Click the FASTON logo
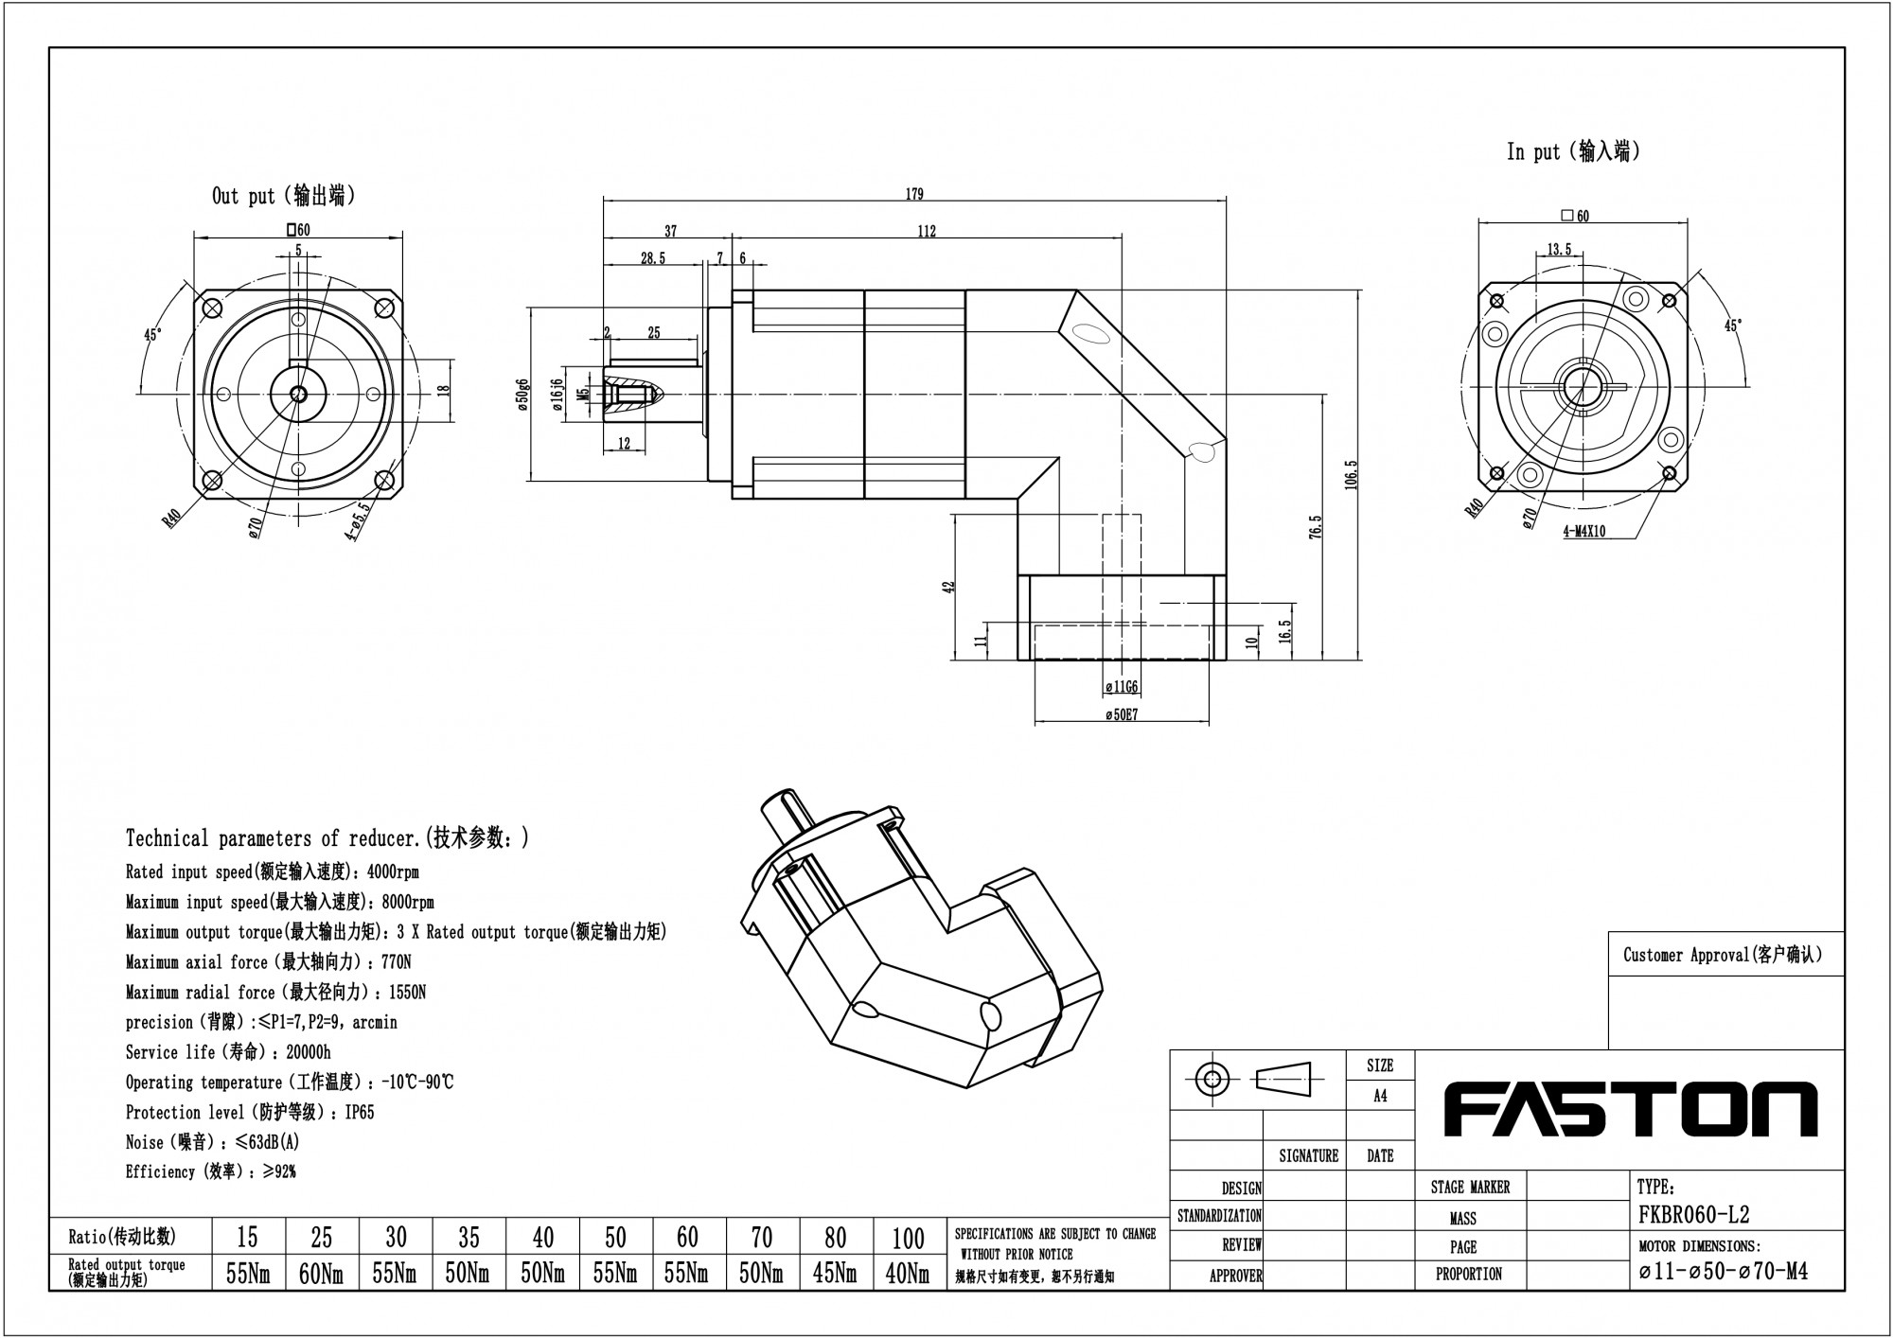[1630, 1111]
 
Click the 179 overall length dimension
[913, 194]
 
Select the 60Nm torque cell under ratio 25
[321, 1274]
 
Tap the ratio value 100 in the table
[908, 1237]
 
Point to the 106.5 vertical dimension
[1352, 475]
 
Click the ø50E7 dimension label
[1122, 715]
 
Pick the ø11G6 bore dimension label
[1122, 687]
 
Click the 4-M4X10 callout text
[1583, 532]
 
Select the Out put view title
[284, 196]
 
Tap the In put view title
[1573, 151]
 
